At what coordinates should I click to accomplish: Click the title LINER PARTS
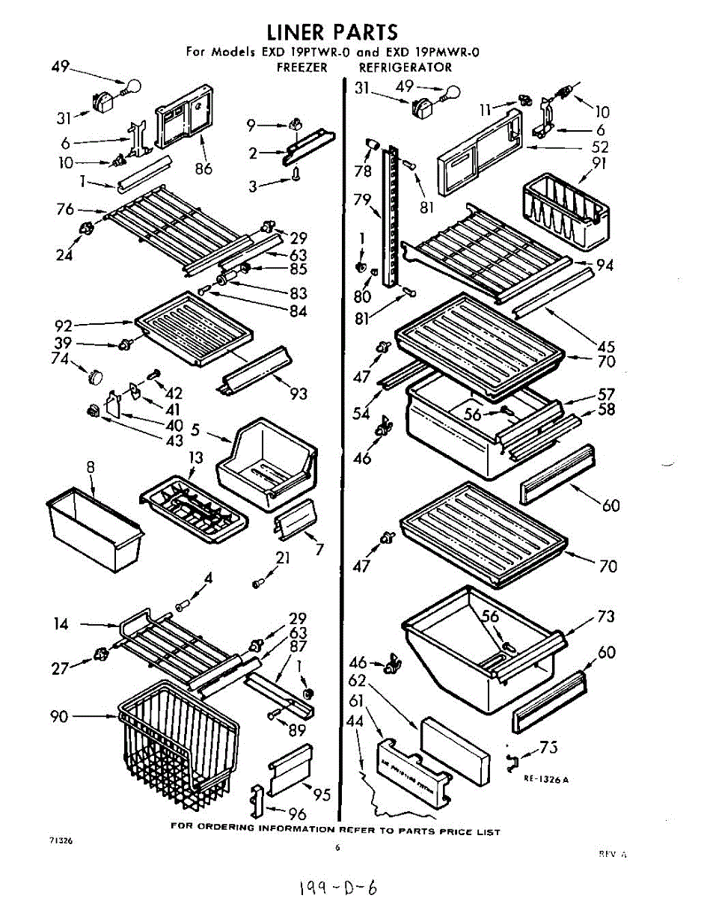point(333,32)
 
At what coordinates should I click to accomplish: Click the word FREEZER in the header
point(302,67)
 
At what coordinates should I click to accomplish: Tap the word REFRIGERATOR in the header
point(405,67)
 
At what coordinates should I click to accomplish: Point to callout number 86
point(203,169)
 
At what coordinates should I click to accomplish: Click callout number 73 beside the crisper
point(606,617)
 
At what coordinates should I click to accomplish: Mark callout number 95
point(322,795)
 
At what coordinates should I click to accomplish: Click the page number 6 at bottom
point(337,848)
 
